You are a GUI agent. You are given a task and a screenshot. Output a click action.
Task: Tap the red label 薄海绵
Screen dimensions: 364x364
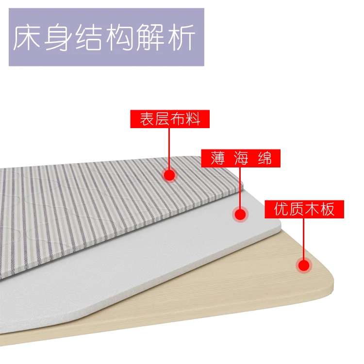pos(241,158)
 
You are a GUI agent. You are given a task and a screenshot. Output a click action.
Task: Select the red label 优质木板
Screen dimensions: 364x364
pos(304,209)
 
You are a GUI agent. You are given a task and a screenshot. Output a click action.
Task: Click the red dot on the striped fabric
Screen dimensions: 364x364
pos(169,175)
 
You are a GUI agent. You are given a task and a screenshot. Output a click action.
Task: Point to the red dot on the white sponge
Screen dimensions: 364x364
pos(240,214)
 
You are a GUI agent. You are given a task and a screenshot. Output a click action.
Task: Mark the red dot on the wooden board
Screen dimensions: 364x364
pos(304,265)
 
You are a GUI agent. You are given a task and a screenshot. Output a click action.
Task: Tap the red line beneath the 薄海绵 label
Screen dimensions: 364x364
pos(240,187)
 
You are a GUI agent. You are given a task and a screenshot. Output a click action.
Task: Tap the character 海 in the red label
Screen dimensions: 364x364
pos(241,158)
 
